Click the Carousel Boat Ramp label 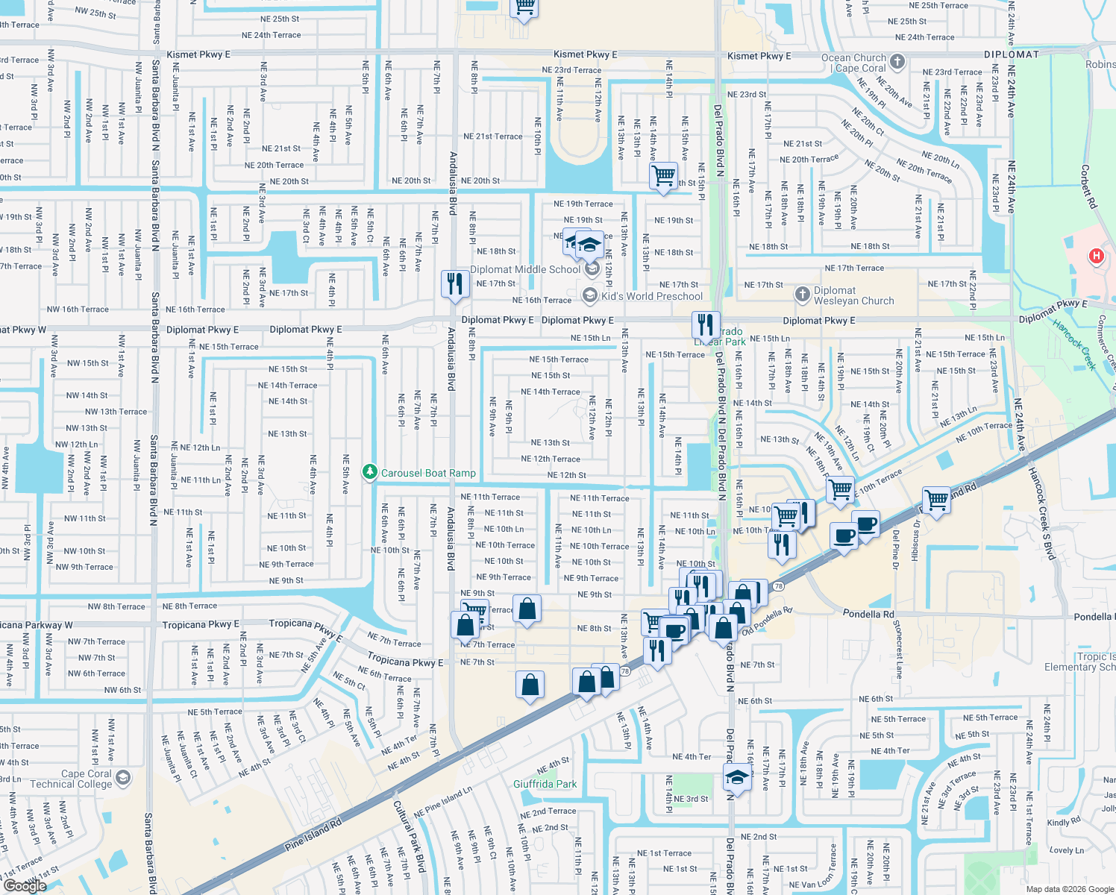pyautogui.click(x=428, y=473)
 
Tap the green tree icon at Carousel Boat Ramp pyautogui.click(x=369, y=472)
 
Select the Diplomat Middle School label pyautogui.click(x=525, y=269)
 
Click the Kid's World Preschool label pyautogui.click(x=652, y=296)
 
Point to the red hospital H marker pyautogui.click(x=1096, y=257)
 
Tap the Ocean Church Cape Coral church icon pyautogui.click(x=897, y=62)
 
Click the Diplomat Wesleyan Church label pyautogui.click(x=853, y=295)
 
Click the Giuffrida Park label pyautogui.click(x=545, y=784)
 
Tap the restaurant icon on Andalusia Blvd pyautogui.click(x=454, y=283)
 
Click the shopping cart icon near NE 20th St pyautogui.click(x=662, y=176)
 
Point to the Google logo pyautogui.click(x=25, y=886)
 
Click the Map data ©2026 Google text pyautogui.click(x=1069, y=889)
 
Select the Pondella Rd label pyautogui.click(x=868, y=614)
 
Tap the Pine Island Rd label pyautogui.click(x=313, y=836)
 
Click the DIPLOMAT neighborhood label pyautogui.click(x=1011, y=54)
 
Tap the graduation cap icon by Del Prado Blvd pyautogui.click(x=737, y=778)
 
